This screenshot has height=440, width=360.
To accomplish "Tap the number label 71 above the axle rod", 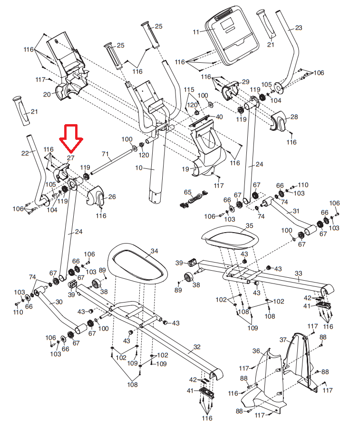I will [106, 154].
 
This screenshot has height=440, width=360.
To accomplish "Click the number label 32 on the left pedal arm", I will [196, 348].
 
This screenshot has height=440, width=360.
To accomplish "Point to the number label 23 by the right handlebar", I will [299, 28].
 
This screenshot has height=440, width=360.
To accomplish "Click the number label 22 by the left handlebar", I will [25, 153].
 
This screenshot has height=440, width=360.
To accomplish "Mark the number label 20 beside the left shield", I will [47, 94].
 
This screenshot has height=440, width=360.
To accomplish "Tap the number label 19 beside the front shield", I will [185, 169].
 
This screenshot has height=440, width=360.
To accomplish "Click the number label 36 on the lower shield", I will [256, 351].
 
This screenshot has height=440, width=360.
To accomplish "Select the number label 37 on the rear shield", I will [283, 340].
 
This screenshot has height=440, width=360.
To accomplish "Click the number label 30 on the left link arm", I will [59, 302].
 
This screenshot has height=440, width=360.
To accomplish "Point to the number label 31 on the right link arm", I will [296, 211].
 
